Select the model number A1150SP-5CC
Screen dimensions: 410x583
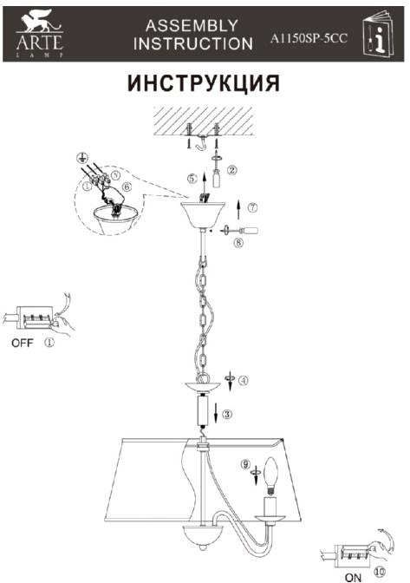click(x=309, y=38)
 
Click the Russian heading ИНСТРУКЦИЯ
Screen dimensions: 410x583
click(x=203, y=83)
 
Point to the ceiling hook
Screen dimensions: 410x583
click(x=203, y=143)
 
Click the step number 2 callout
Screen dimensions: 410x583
click(x=232, y=170)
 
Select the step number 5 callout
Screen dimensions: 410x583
click(x=192, y=179)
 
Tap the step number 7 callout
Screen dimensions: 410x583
click(x=252, y=207)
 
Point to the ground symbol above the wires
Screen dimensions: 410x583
click(x=81, y=158)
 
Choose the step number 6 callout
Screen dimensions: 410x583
click(x=127, y=187)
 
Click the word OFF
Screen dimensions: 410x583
click(x=23, y=343)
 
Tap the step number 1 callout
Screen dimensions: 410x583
click(x=49, y=342)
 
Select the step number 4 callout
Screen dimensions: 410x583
click(x=244, y=380)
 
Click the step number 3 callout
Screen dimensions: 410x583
click(x=227, y=414)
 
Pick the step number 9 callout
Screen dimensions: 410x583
click(x=244, y=464)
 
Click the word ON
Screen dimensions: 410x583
click(x=353, y=578)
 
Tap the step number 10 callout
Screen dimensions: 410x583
click(x=380, y=571)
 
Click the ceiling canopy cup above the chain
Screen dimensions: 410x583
click(x=203, y=215)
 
